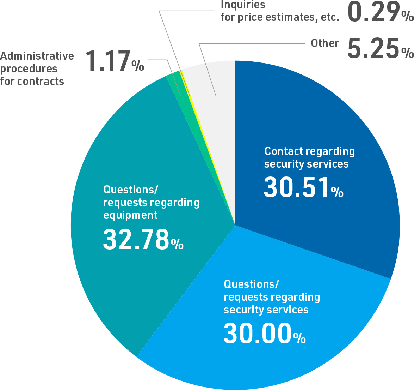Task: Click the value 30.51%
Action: click(303, 188)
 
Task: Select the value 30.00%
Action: click(264, 334)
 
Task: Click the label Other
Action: click(325, 43)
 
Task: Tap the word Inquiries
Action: click(243, 5)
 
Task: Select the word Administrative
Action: click(37, 56)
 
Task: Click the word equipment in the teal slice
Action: click(130, 215)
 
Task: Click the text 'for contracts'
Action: click(32, 82)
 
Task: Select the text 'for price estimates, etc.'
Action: click(280, 17)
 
